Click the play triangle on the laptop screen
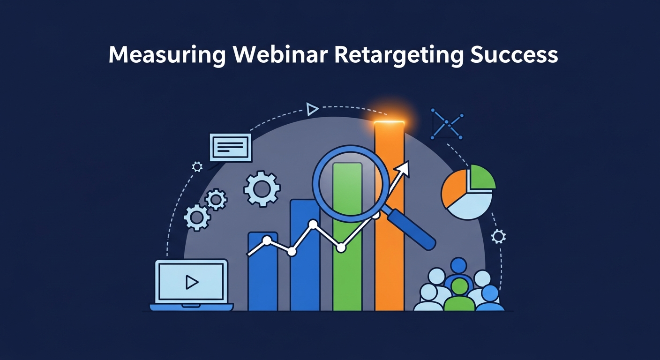coord(191,282)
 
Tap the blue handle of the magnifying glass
coord(412,229)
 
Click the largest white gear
coord(262,189)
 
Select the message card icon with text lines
coord(230,147)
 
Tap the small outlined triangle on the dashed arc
coord(312,109)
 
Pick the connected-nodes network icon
coord(446,123)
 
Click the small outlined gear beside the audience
coord(498,236)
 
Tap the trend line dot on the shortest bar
coord(267,241)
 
